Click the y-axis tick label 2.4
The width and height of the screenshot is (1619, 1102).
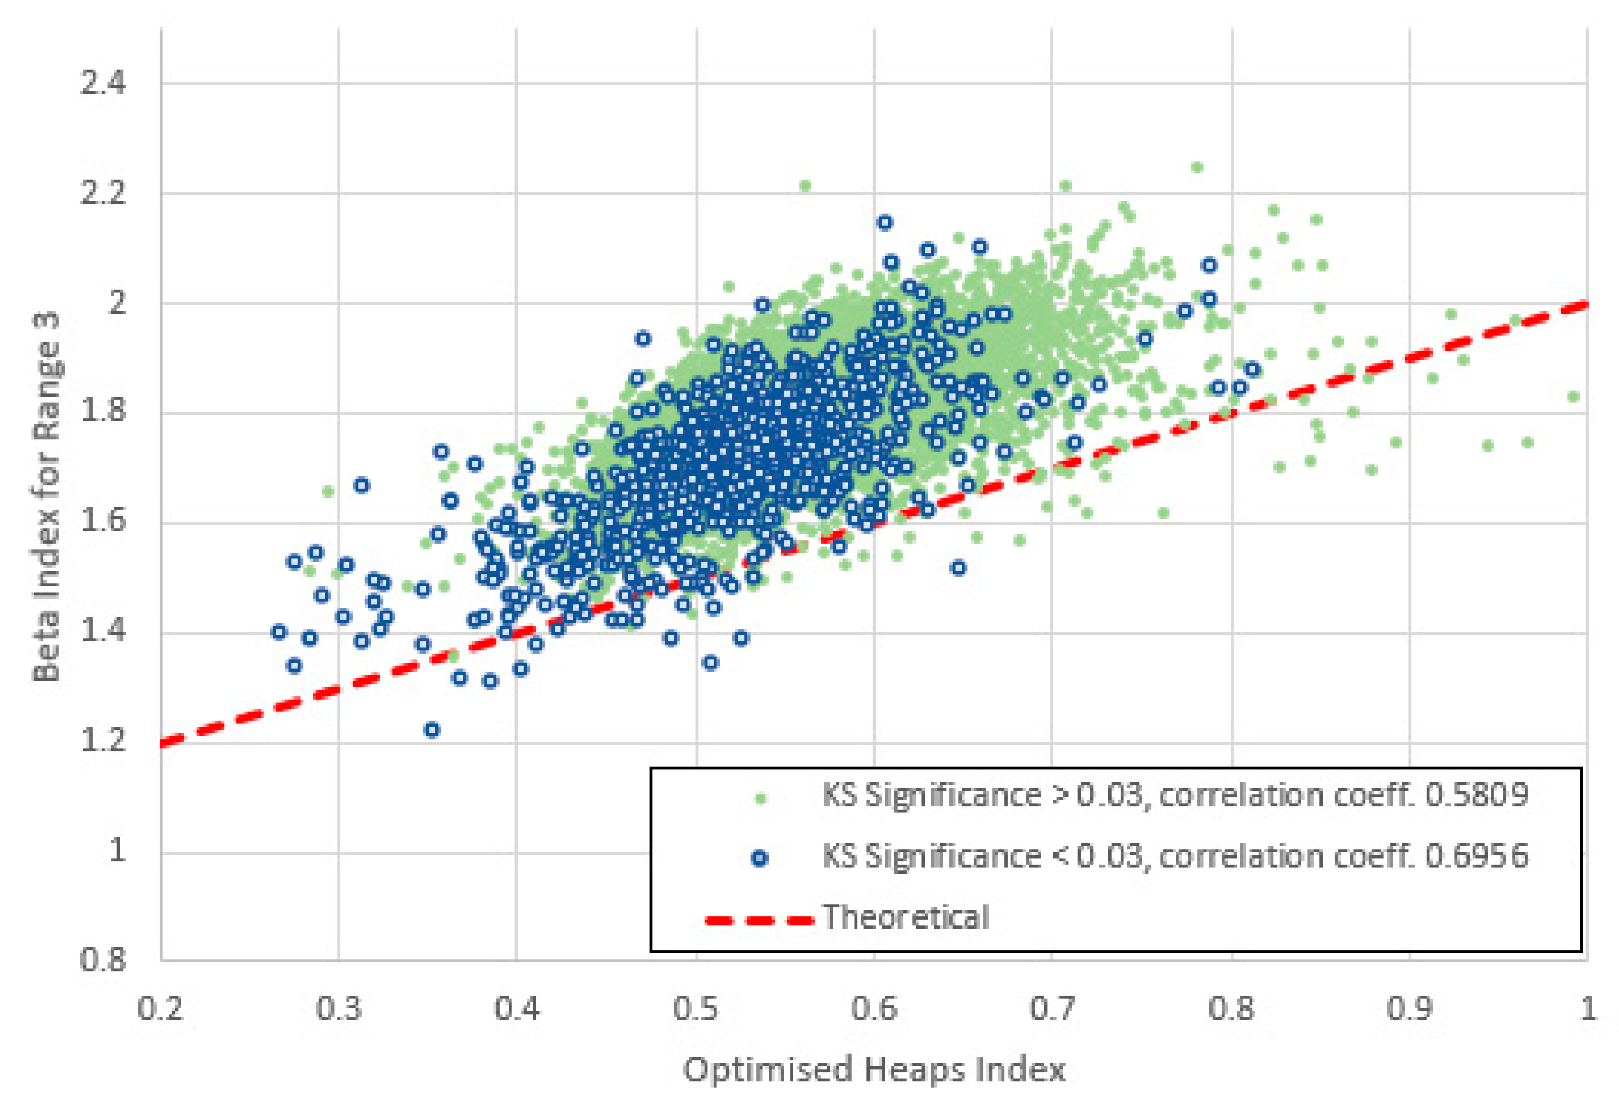tap(103, 83)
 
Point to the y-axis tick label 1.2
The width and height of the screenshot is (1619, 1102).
tap(103, 740)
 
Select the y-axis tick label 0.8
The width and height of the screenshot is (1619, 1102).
tap(103, 960)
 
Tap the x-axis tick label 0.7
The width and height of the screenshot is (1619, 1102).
tap(1052, 1009)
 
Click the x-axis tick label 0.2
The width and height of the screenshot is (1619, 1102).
tap(161, 1009)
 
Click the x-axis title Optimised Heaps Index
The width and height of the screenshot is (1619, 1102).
tap(874, 1069)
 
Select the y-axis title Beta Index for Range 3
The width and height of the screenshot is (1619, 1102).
tap(47, 497)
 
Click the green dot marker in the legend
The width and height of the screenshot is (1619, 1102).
tap(761, 799)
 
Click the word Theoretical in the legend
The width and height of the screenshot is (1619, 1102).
tap(906, 918)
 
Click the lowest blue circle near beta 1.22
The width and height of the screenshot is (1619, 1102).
tap(432, 730)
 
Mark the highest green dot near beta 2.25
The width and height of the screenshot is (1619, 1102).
tap(1197, 167)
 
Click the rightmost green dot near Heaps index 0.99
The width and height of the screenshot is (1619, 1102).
tap(1573, 397)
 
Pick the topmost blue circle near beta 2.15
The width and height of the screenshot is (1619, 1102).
tap(885, 222)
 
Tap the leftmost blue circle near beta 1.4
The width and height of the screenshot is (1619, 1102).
tap(279, 632)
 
